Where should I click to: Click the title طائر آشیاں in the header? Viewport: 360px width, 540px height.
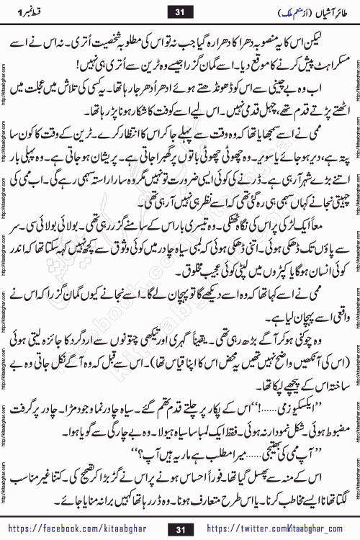pyautogui.click(x=316, y=10)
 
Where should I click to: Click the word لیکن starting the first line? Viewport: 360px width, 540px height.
pyautogui.click(x=328, y=34)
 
